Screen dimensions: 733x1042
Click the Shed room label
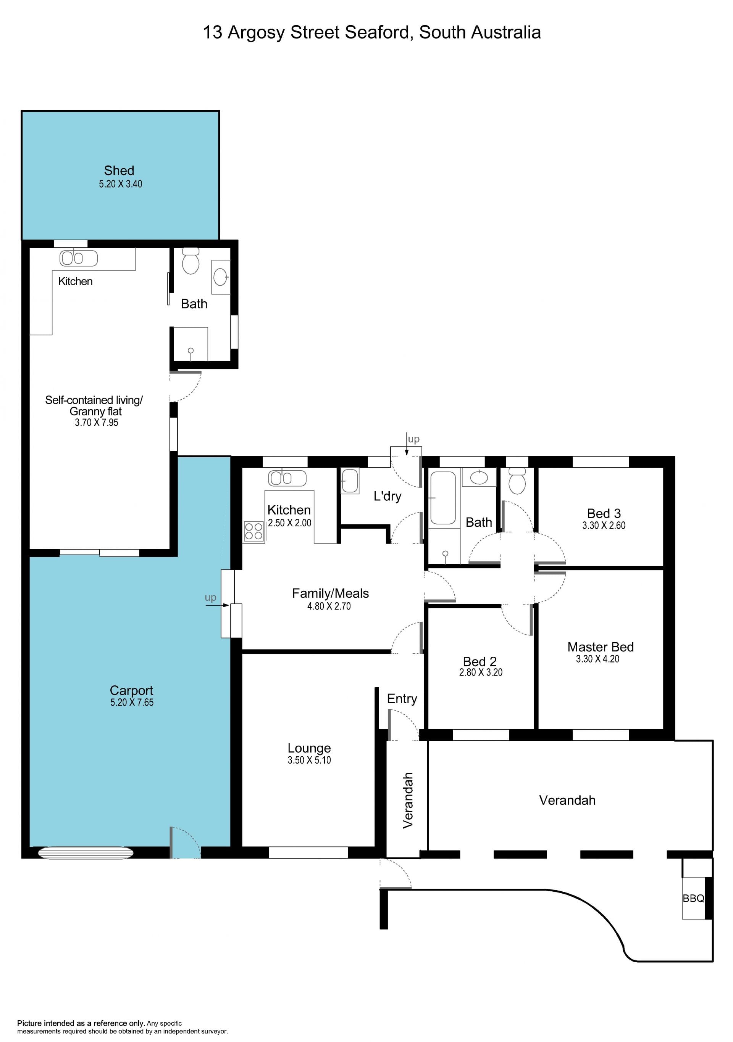click(x=119, y=170)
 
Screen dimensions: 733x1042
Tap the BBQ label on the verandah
click(x=694, y=898)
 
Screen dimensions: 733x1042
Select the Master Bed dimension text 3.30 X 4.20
click(x=598, y=659)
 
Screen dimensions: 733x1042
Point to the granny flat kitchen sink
click(x=79, y=258)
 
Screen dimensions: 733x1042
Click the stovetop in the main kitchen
click(x=254, y=531)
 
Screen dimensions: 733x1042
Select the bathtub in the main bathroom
click(x=443, y=498)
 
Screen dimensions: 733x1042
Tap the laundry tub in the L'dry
click(x=350, y=481)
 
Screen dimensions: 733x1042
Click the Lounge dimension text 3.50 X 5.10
click(x=309, y=760)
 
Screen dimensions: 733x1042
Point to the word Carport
click(x=132, y=690)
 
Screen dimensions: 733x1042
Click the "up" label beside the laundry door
click(x=414, y=439)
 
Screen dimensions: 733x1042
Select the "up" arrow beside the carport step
click(x=217, y=605)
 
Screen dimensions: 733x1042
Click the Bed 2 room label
click(x=480, y=661)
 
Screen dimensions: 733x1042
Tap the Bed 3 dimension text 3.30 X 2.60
click(x=604, y=526)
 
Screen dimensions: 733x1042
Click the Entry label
click(x=402, y=699)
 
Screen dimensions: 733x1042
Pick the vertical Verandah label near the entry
click(x=408, y=801)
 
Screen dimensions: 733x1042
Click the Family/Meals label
click(x=330, y=593)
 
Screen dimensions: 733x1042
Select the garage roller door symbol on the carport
click(x=86, y=853)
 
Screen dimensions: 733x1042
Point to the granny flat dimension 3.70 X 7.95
click(x=96, y=423)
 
